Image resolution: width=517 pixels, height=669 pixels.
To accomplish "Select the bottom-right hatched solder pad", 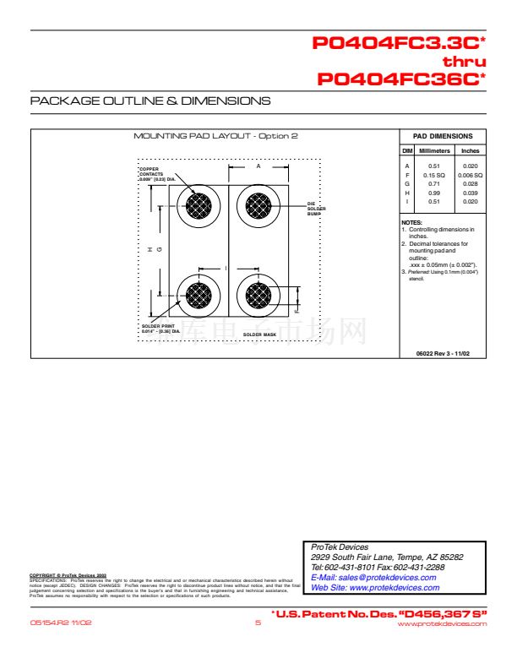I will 258,296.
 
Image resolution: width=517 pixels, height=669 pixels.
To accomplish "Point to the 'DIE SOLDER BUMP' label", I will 314,209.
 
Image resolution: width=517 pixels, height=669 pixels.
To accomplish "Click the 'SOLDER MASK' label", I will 260,334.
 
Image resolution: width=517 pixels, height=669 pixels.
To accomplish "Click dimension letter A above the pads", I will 258,166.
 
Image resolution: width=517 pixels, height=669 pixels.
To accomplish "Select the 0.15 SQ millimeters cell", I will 434,175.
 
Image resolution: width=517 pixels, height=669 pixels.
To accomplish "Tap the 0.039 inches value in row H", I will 471,193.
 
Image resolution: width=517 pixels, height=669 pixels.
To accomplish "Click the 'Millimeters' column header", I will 434,150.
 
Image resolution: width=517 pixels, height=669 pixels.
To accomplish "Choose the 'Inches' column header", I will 471,150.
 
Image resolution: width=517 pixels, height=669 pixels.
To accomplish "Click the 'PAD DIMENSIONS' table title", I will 442,136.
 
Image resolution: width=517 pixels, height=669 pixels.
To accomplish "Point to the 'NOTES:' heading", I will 411,222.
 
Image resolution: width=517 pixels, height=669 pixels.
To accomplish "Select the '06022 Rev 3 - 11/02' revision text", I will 442,352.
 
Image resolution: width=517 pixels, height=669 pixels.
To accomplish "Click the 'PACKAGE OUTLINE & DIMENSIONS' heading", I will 150,101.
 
